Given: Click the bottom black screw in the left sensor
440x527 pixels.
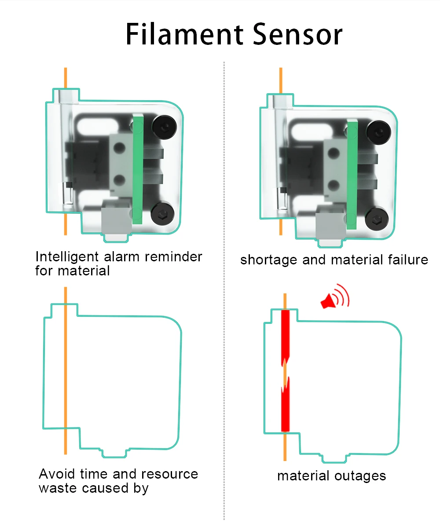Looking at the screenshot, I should click(163, 215).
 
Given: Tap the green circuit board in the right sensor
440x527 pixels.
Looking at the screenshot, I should click(352, 174).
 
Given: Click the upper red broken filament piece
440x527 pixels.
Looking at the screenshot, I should click(285, 337).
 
